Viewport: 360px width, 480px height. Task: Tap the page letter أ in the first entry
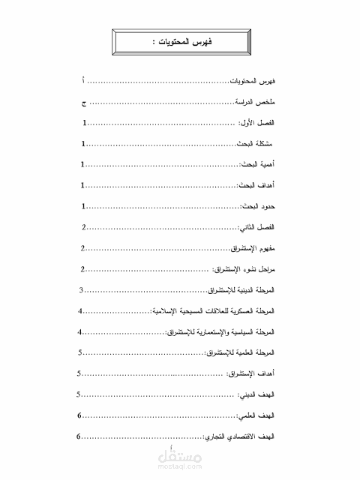point(83,79)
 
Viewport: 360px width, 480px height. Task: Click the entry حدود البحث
point(260,205)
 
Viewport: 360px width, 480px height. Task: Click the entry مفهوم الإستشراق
point(254,247)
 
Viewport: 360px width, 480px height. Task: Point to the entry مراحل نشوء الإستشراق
point(244,268)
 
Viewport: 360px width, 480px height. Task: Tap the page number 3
point(80,289)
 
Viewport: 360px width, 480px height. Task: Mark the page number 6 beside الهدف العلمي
point(79,415)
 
